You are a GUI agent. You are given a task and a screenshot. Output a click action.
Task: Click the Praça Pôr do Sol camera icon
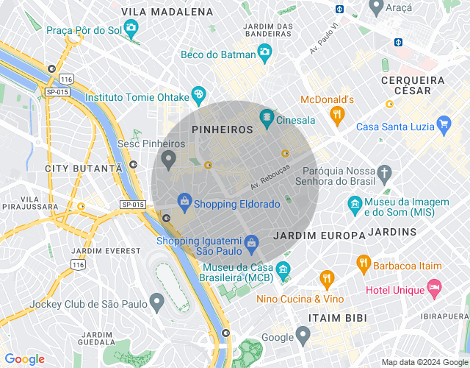[x=131, y=29]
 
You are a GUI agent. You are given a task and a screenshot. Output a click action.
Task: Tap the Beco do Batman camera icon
[x=264, y=53]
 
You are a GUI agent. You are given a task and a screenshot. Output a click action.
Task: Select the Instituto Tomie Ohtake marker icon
[x=198, y=95]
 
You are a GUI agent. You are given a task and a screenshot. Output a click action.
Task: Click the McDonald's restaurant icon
[x=337, y=114]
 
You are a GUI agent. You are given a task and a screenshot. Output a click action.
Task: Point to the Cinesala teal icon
[x=267, y=118]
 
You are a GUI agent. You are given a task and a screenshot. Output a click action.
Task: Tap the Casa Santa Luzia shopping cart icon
[x=443, y=124]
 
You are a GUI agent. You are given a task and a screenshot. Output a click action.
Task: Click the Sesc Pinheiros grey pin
[x=169, y=158]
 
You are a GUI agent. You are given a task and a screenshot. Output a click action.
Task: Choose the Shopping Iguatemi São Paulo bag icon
[x=251, y=242]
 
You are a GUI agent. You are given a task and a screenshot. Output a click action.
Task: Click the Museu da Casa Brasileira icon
[x=283, y=271]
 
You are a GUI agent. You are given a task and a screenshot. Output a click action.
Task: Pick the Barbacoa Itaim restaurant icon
[x=363, y=263]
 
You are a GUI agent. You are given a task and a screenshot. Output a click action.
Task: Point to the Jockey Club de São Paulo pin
[x=156, y=302]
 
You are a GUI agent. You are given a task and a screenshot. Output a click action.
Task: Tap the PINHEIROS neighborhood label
[x=222, y=129]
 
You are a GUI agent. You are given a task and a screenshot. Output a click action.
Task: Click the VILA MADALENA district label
[x=167, y=12]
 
